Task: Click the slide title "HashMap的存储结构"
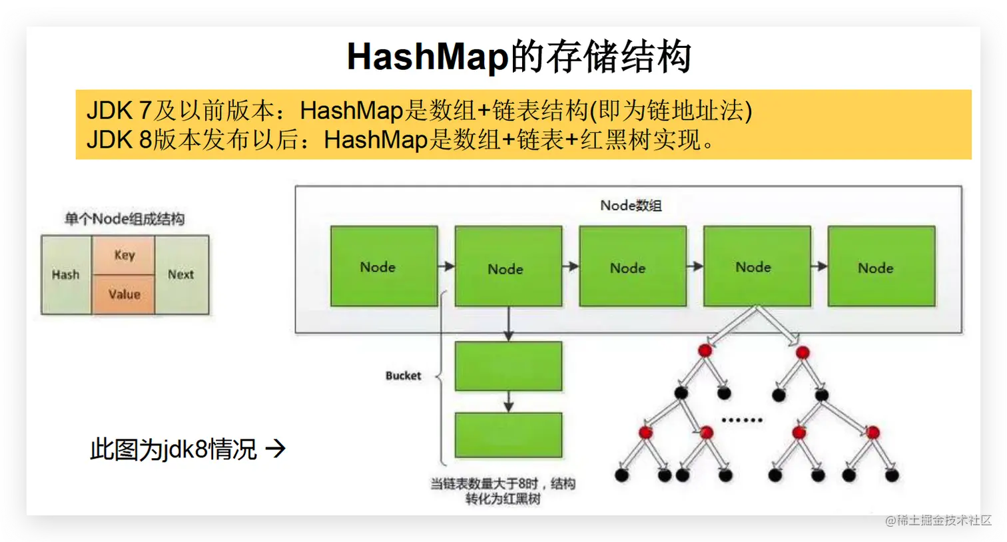click(519, 57)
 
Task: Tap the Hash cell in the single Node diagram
click(66, 274)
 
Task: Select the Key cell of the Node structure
click(124, 255)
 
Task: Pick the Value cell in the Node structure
click(124, 294)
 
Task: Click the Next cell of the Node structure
click(181, 274)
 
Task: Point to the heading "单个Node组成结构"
click(125, 219)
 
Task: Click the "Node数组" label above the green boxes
click(630, 205)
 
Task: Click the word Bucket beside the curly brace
click(403, 376)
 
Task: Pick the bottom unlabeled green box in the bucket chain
click(508, 435)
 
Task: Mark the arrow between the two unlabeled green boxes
click(508, 401)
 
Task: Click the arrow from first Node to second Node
click(446, 266)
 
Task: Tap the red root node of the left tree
click(705, 350)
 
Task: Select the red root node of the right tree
click(803, 352)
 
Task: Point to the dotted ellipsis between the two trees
click(742, 420)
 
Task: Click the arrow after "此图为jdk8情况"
click(275, 449)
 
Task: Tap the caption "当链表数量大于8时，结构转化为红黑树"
click(503, 491)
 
